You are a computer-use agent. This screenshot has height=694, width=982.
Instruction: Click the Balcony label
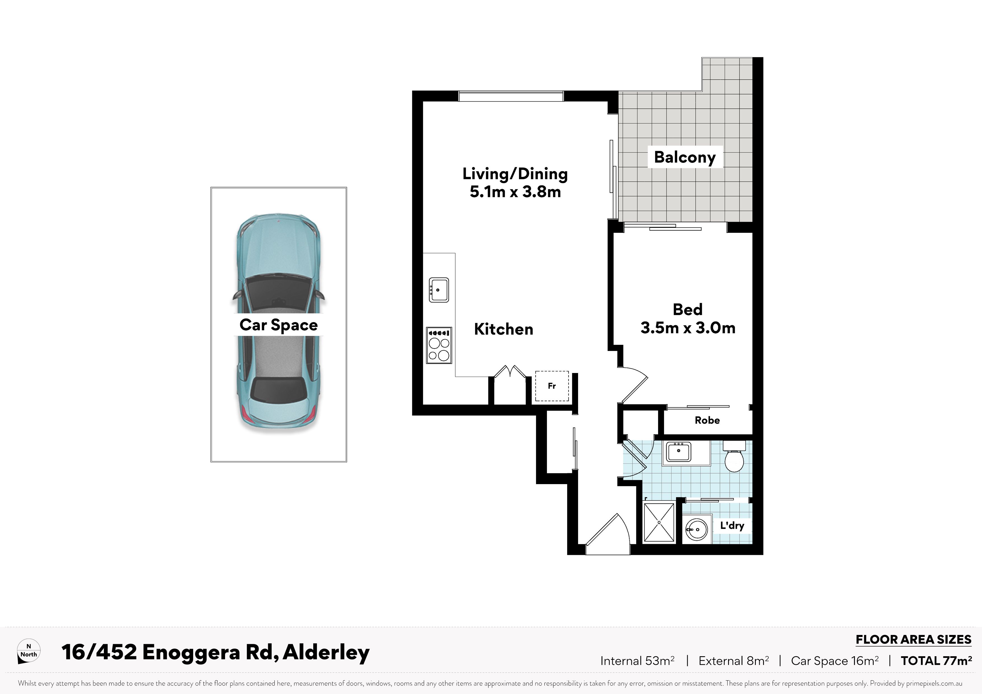click(685, 157)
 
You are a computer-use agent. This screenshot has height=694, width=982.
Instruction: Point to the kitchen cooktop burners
click(439, 346)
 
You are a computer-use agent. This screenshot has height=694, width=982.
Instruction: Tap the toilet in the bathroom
click(734, 457)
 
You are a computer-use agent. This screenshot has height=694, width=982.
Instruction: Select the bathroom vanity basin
click(678, 452)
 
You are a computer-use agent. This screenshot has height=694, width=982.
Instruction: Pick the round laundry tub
click(695, 529)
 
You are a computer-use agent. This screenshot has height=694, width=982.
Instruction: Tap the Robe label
click(707, 420)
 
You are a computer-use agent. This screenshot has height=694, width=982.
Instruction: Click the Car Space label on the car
click(279, 325)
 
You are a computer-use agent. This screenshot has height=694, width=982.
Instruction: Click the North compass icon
click(29, 651)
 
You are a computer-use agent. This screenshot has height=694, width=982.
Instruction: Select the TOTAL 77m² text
click(936, 661)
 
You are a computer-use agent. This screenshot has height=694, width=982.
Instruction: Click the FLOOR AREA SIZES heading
click(914, 640)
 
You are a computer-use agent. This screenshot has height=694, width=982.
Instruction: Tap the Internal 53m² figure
click(637, 661)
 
